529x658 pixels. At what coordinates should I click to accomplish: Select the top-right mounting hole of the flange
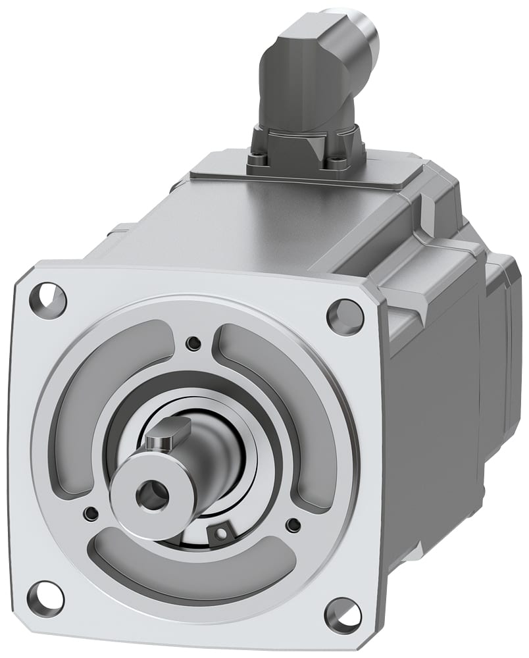click(345, 316)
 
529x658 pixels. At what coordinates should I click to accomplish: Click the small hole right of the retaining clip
click(293, 524)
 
